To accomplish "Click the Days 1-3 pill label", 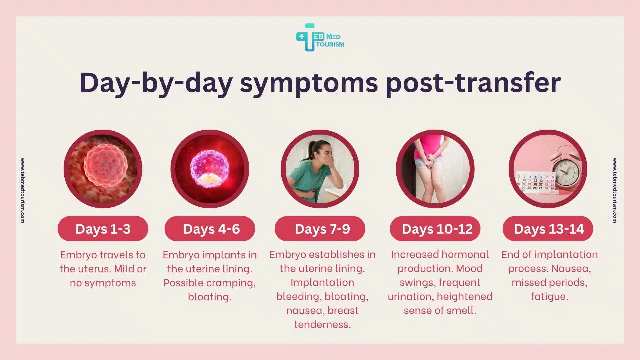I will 103,229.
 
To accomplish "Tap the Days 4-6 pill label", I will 210,229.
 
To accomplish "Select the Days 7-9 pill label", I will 320,229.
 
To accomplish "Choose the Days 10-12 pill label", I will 435,229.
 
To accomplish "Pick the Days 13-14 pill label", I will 548,229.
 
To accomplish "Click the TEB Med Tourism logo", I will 319,38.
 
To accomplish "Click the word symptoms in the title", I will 309,83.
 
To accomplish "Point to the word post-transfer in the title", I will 473,83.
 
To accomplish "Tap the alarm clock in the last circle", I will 566,171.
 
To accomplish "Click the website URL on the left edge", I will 22,190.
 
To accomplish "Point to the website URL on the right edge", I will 615,190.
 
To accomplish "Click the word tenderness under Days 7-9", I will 322,324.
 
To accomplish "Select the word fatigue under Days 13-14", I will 549,296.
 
